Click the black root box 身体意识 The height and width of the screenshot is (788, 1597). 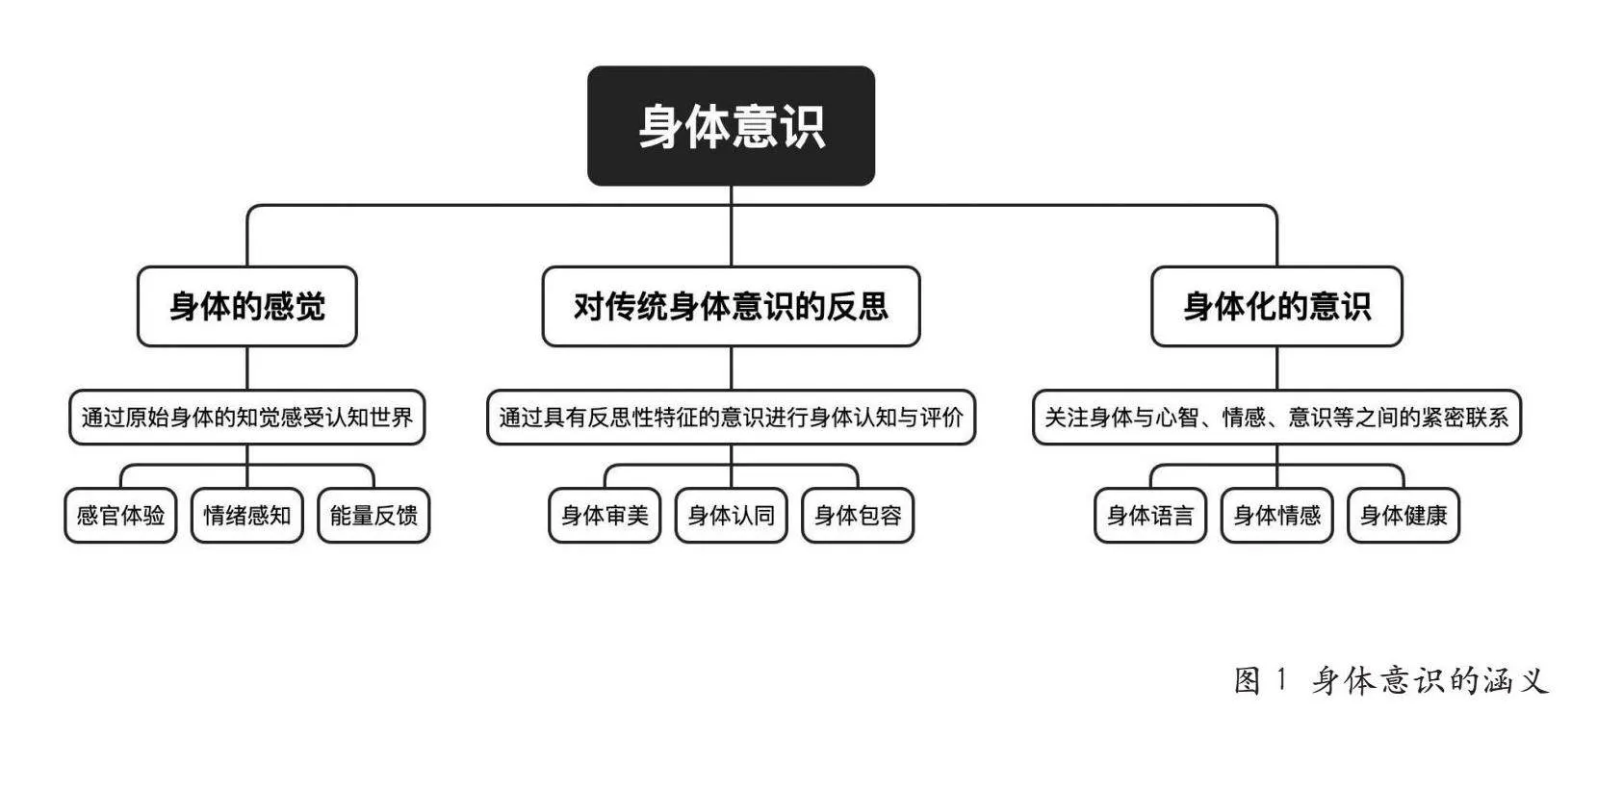tap(731, 126)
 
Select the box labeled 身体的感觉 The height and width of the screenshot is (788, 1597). tap(247, 306)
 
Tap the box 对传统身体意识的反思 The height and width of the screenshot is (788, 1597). tap(731, 306)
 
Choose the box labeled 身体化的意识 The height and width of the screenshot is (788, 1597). tap(1276, 306)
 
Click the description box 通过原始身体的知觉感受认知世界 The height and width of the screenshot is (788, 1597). tap(247, 417)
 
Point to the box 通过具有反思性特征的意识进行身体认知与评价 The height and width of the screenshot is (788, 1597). tap(731, 417)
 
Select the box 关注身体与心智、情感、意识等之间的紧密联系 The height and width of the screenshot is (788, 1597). tap(1276, 417)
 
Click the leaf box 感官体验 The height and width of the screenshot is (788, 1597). tap(120, 515)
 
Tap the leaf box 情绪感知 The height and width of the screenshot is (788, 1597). tap(247, 515)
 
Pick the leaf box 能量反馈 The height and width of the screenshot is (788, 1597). tap(373, 515)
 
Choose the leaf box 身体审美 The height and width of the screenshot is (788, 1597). tap(605, 515)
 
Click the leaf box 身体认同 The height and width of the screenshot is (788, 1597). tap(731, 515)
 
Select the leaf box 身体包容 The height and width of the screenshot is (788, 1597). tap(858, 515)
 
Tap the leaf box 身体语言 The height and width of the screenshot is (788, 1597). tap(1150, 515)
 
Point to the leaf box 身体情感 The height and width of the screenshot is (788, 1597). tap(1276, 515)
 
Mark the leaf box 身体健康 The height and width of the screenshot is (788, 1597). tap(1404, 515)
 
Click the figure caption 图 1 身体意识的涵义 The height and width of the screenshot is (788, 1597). tap(1391, 680)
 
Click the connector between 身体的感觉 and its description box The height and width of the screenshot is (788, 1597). tap(247, 369)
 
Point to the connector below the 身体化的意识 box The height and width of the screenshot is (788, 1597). tap(1276, 369)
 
